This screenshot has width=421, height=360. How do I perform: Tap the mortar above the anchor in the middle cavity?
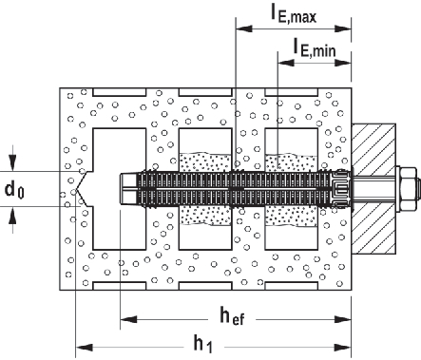pos(205,158)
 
